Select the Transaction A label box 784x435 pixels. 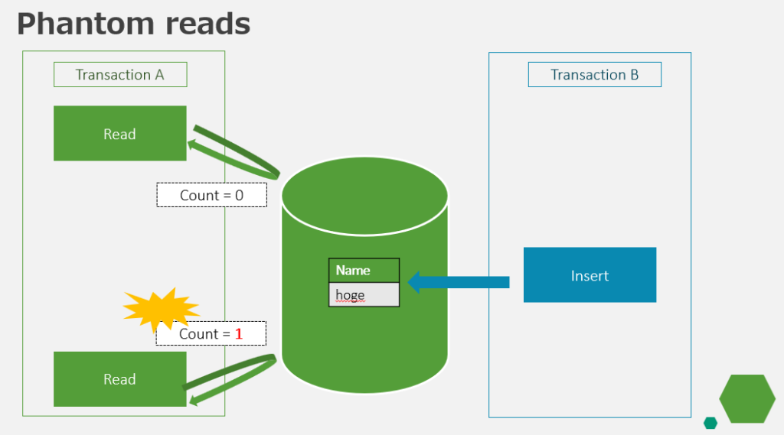click(120, 75)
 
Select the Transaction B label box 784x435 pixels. click(594, 75)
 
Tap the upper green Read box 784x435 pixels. click(120, 134)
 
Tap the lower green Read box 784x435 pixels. click(120, 379)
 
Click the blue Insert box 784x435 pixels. click(590, 275)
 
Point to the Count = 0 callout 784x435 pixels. click(211, 195)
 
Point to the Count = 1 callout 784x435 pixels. click(211, 333)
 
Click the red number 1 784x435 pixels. click(238, 333)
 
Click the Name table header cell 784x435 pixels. click(364, 271)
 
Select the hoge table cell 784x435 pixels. click(364, 295)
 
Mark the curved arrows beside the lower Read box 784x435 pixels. click(230, 378)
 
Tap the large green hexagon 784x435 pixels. click(747, 398)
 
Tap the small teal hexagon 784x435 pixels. click(710, 423)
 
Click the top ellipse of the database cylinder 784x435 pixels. click(364, 195)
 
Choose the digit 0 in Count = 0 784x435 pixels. click(239, 195)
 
